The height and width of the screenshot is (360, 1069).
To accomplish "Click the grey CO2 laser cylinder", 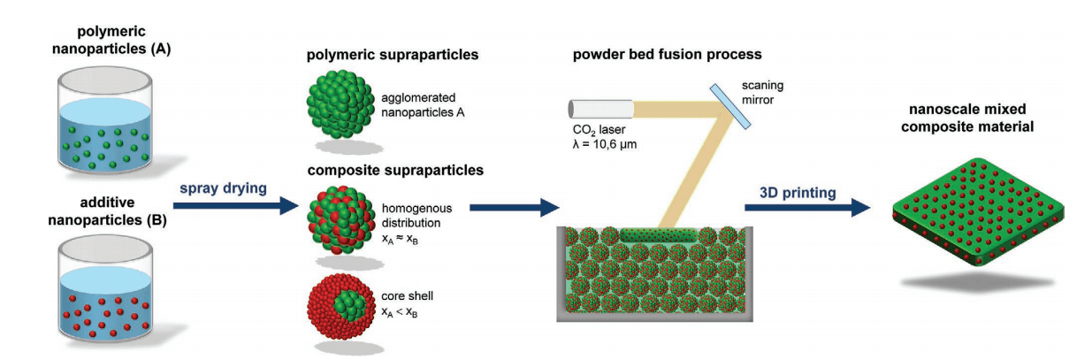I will pos(599,109).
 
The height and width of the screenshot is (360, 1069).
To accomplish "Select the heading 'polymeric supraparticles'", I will pos(392,55).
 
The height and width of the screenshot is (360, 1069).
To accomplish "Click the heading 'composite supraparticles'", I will pos(394,170).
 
